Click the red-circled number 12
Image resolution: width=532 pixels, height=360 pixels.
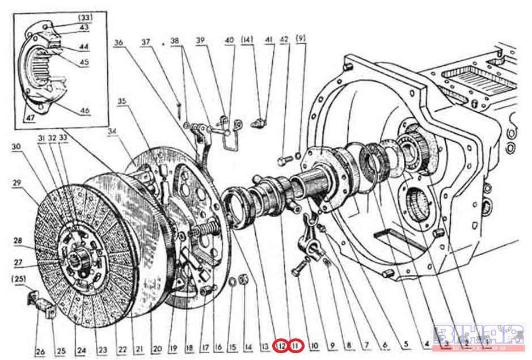pyautogui.click(x=281, y=345)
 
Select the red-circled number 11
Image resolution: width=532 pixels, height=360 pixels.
pyautogui.click(x=296, y=345)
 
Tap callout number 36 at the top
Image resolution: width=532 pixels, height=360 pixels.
pyautogui.click(x=118, y=42)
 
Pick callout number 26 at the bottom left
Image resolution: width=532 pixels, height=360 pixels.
pyautogui.click(x=40, y=351)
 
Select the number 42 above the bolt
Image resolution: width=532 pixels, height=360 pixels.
pyautogui.click(x=284, y=39)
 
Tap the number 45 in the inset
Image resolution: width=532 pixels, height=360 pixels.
pyautogui.click(x=84, y=62)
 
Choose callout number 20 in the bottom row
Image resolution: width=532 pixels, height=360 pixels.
pyautogui.click(x=157, y=348)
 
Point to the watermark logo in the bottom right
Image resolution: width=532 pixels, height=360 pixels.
pyautogui.click(x=479, y=337)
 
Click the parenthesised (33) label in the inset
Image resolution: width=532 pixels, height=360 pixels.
pyautogui.click(x=85, y=18)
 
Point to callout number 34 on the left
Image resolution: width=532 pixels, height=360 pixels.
pyautogui.click(x=111, y=132)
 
